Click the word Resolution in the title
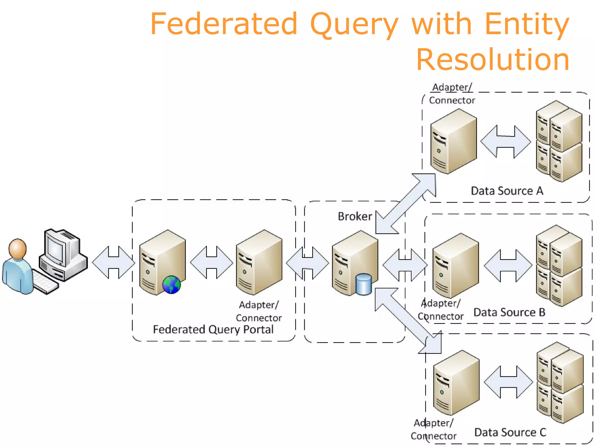pos(492,60)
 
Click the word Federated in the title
pos(223,24)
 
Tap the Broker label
pos(355,217)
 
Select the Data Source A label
pos(507,191)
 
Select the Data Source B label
pos(509,312)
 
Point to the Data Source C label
pos(510,432)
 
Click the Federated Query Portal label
pos(213,329)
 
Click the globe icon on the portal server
pos(171,285)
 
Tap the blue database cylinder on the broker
pos(363,284)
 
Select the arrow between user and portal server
pos(113,262)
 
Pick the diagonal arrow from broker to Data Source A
pos(406,204)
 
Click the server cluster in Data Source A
pos(559,141)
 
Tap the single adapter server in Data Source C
pos(456,383)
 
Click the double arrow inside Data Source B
pos(508,265)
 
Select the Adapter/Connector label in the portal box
pos(258,311)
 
